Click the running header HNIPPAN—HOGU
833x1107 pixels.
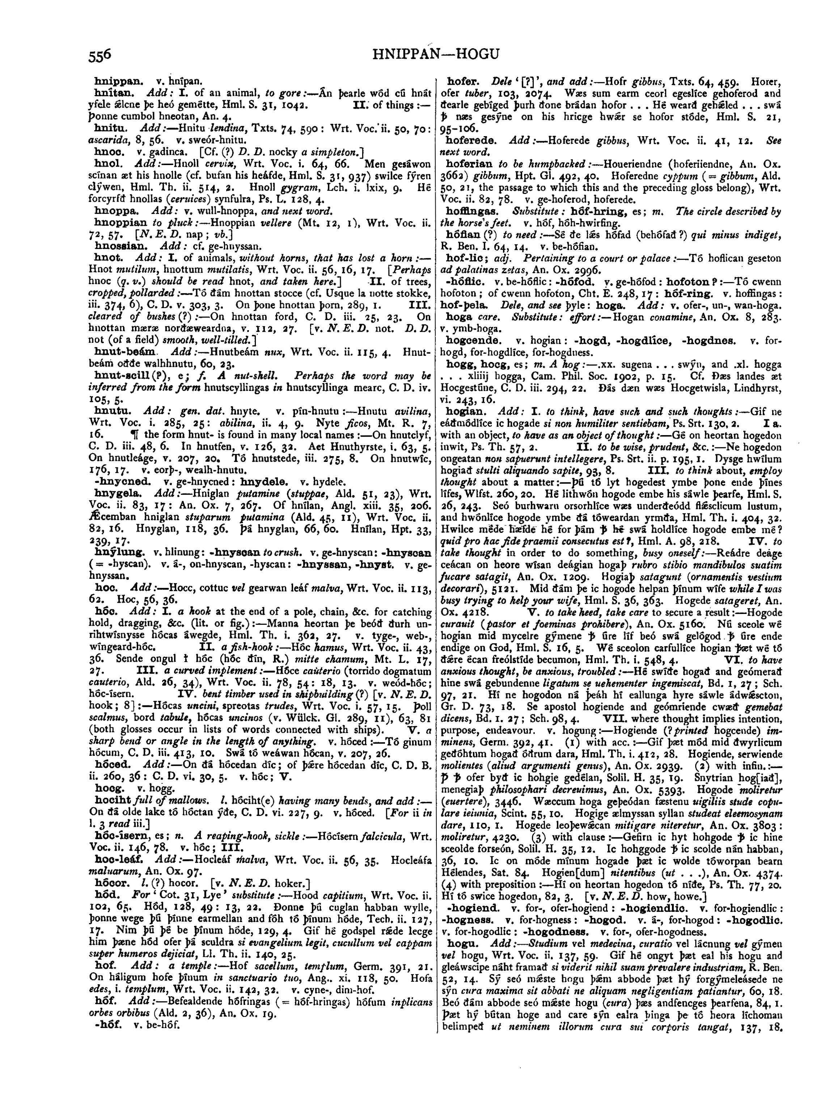tap(436, 54)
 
